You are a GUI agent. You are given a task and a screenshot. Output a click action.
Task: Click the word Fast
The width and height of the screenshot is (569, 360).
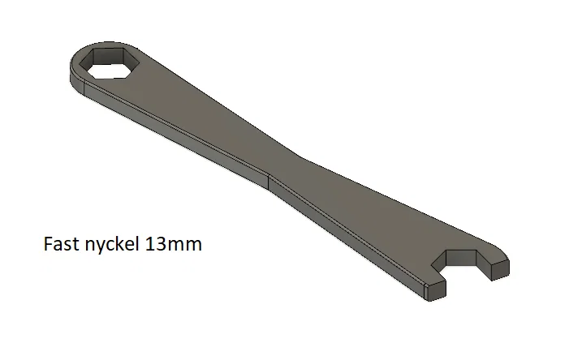(x=62, y=243)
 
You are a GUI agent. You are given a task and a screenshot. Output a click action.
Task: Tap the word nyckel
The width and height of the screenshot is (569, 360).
(x=112, y=244)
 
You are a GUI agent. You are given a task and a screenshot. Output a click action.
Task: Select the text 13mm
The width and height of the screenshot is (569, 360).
(x=174, y=244)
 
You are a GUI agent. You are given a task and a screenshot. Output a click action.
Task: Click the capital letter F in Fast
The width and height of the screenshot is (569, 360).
(x=48, y=243)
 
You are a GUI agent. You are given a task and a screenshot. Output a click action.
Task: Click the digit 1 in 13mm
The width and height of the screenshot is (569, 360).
(x=149, y=244)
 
